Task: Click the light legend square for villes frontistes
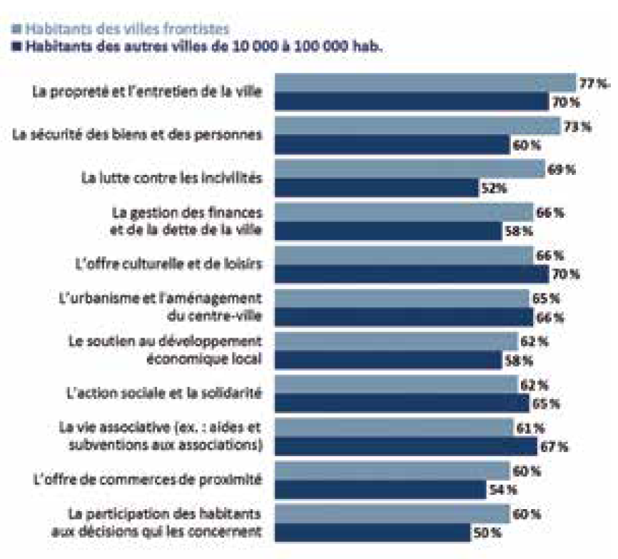click(17, 29)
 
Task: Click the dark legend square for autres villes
click(17, 47)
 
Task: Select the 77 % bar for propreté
click(425, 84)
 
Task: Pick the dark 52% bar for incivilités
click(376, 188)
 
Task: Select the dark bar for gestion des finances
click(388, 231)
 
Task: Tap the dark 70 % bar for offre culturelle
click(411, 274)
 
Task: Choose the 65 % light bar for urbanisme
click(402, 298)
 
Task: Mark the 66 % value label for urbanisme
click(549, 317)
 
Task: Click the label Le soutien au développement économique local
click(164, 350)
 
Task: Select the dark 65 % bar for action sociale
click(402, 403)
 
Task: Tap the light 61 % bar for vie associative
click(394, 428)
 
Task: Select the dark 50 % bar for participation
click(373, 532)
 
